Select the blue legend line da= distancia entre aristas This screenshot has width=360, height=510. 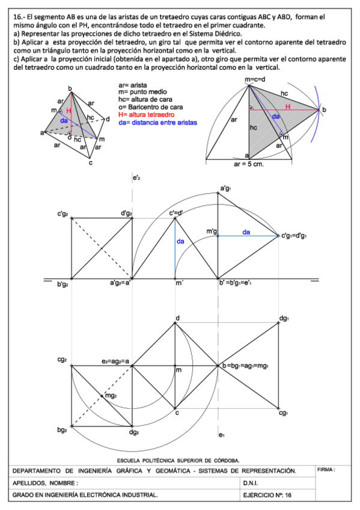click(x=158, y=123)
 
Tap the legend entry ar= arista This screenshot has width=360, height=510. click(x=132, y=87)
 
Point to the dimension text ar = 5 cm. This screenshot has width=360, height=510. click(x=249, y=162)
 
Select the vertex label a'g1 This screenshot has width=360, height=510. click(x=225, y=189)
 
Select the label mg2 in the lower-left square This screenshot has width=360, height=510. click(x=111, y=395)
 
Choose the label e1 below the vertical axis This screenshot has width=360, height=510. click(x=221, y=434)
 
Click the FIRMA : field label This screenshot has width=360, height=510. click(x=326, y=469)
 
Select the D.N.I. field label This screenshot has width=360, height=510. click(x=252, y=483)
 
